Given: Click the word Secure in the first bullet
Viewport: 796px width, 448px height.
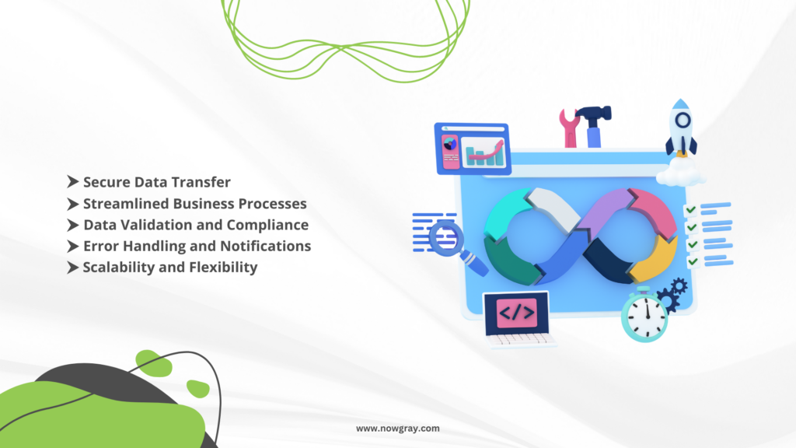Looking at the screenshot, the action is [106, 182].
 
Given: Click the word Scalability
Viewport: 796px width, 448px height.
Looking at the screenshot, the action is [119, 268].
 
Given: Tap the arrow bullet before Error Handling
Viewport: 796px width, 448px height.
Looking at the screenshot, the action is [72, 247].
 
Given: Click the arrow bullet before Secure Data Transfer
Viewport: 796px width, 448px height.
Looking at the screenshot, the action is [72, 182].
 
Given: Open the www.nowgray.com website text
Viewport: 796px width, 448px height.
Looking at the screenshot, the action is [397, 429].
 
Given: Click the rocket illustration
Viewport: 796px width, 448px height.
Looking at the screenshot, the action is [681, 128].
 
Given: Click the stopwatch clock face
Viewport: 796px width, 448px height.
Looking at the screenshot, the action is [644, 316].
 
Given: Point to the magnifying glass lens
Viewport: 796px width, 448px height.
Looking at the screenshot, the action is [446, 237].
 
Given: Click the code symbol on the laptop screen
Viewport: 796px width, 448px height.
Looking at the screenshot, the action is [516, 313].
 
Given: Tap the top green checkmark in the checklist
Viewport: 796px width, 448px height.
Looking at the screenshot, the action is [690, 209].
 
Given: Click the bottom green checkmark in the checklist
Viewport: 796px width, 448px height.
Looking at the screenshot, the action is [693, 261].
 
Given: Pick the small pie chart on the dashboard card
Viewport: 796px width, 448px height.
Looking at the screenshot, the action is [450, 144].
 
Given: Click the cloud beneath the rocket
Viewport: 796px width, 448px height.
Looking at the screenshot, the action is [681, 173].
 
